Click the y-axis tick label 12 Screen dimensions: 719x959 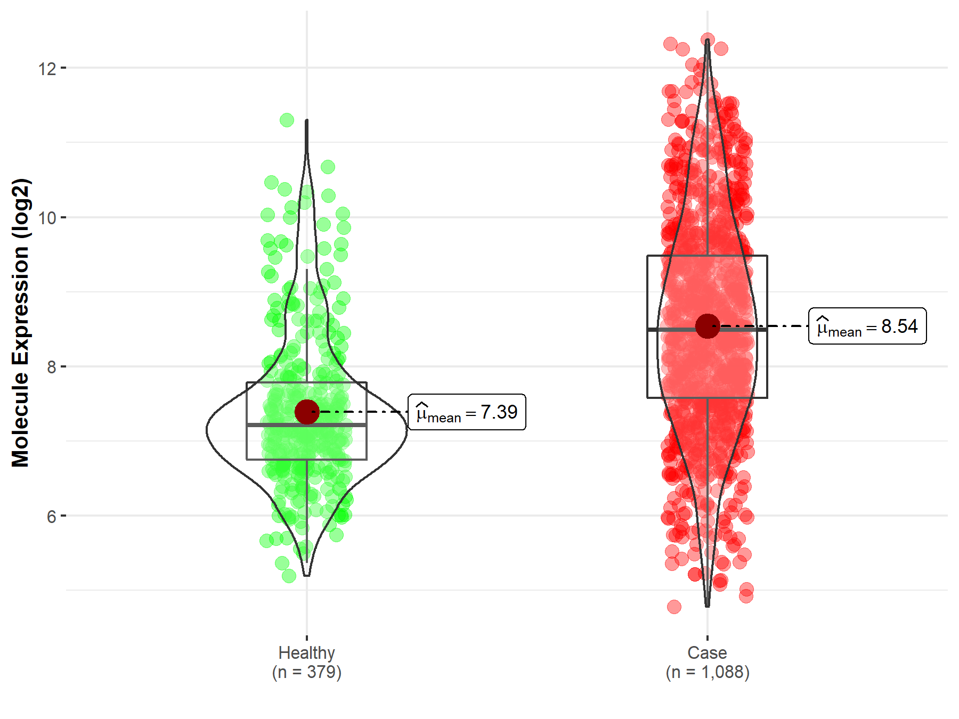47,69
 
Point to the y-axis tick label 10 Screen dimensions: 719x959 47,218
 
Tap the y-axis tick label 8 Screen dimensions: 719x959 51,367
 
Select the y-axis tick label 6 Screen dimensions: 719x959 51,517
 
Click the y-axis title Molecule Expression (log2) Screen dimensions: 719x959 20,323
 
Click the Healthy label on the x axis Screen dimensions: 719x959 306,652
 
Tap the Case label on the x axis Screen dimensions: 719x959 707,652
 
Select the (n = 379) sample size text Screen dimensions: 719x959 306,672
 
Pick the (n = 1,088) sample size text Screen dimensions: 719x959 707,672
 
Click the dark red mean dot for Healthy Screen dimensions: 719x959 307,412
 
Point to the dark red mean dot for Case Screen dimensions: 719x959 708,326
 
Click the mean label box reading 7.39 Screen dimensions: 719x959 467,412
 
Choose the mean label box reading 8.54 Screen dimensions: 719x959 867,326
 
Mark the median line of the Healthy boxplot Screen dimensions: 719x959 277,425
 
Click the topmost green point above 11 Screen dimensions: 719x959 287,120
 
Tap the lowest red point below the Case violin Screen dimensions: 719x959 674,607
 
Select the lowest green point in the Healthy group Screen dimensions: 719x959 289,576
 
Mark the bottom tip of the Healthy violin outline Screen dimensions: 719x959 306,575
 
